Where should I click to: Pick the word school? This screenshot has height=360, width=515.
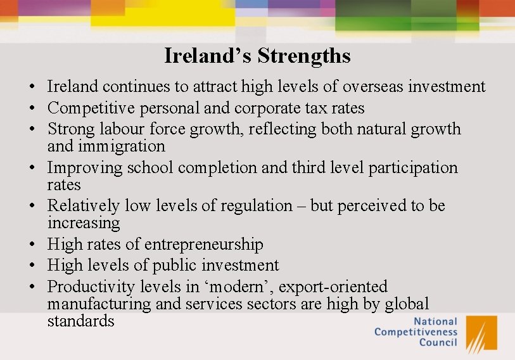[x=150, y=168]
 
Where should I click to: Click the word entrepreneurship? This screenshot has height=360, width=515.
[x=203, y=245]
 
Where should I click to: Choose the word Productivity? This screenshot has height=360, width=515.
[x=90, y=287]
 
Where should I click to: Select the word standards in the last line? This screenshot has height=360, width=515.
[x=80, y=321]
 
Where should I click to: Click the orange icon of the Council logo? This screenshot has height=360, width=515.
[x=481, y=333]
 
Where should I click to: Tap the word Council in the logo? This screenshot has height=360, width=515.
[x=438, y=343]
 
